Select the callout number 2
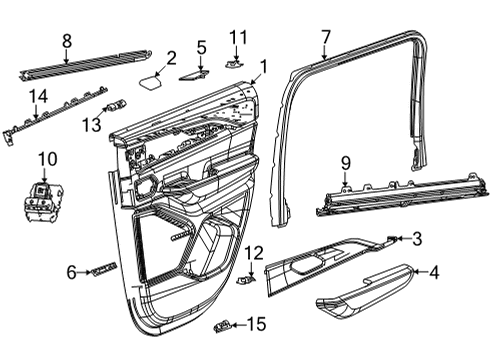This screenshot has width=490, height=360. (x=171, y=58)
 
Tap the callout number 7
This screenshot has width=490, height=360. (x=325, y=39)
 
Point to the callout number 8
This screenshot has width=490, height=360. (x=66, y=41)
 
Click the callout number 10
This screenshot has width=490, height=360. (x=43, y=158)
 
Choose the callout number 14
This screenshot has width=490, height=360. (x=38, y=96)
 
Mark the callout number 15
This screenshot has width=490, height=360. (x=257, y=323)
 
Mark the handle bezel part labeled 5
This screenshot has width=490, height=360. (x=194, y=72)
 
